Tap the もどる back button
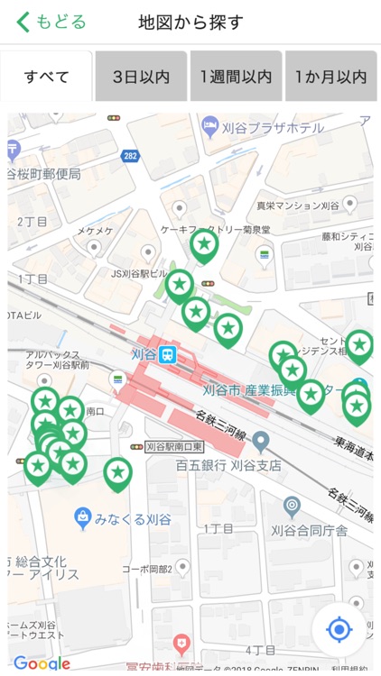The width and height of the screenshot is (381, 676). coord(51,22)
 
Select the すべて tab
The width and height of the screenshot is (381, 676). coord(46,77)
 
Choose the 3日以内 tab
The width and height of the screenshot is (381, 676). coord(141,77)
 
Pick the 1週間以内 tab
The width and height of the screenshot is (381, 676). coord(236,77)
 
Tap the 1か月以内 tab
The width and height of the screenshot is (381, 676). coord(330,77)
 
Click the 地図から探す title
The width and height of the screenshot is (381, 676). coord(190,22)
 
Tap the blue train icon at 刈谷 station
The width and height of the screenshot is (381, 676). coord(168,355)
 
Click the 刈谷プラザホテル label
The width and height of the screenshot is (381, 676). coord(274,128)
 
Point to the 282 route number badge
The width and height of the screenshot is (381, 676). coord(131,156)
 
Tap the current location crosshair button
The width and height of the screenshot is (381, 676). coord(339,629)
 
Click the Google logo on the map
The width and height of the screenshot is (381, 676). coord(41,664)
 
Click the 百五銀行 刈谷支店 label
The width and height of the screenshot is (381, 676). coord(228,466)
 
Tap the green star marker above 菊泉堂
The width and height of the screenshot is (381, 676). coord(205,244)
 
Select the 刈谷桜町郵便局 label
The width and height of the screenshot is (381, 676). coord(43,174)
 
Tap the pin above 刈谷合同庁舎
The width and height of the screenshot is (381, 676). coord(291,507)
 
